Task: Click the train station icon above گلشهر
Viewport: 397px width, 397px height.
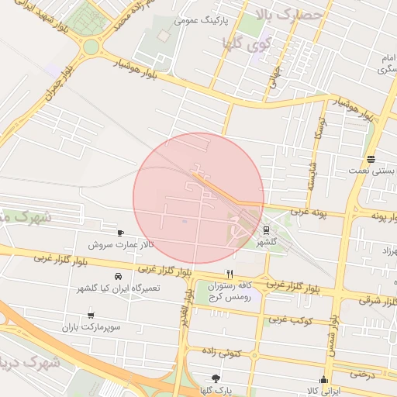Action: click(266, 230)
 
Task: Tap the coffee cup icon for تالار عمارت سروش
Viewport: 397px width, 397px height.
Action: click(120, 233)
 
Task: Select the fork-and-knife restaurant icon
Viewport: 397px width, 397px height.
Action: click(230, 274)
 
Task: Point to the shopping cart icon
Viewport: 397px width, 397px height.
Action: click(91, 315)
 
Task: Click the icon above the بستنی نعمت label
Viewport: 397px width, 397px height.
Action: click(371, 157)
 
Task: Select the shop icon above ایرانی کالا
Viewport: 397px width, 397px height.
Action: click(324, 380)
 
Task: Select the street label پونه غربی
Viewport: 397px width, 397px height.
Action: click(310, 212)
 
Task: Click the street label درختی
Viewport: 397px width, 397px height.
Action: click(362, 373)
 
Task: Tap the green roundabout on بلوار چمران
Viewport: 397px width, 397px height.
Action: click(91, 47)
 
